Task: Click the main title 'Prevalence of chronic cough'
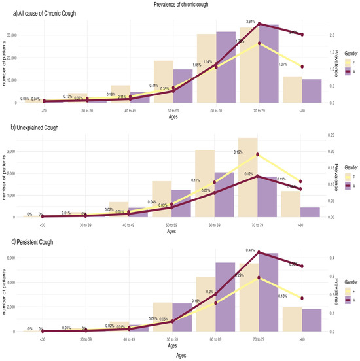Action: pyautogui.click(x=180, y=5)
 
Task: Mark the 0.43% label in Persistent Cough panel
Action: pyautogui.click(x=250, y=250)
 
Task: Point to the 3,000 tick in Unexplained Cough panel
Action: pyautogui.click(x=20, y=151)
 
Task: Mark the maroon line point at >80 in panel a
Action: pyautogui.click(x=301, y=35)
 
